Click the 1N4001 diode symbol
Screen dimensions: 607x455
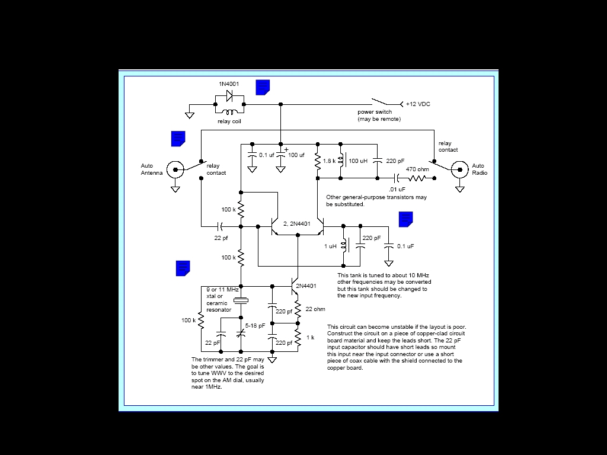[229, 95]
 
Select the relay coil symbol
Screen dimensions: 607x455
[229, 112]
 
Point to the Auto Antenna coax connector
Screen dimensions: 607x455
[175, 169]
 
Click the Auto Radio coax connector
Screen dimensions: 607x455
[460, 169]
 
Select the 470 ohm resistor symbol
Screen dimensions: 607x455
[417, 178]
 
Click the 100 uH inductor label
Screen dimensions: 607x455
[358, 161]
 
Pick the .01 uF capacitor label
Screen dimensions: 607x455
[397, 189]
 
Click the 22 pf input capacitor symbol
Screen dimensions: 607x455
[220, 226]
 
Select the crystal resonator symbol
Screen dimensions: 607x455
[241, 300]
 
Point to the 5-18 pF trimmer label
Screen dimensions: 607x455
[255, 326]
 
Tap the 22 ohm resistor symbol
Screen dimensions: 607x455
[298, 308]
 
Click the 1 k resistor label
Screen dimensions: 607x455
[311, 337]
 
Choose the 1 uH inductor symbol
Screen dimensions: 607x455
[344, 245]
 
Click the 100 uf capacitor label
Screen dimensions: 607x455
[296, 155]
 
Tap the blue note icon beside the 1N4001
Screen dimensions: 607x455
[263, 88]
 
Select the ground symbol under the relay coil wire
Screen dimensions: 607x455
[189, 116]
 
